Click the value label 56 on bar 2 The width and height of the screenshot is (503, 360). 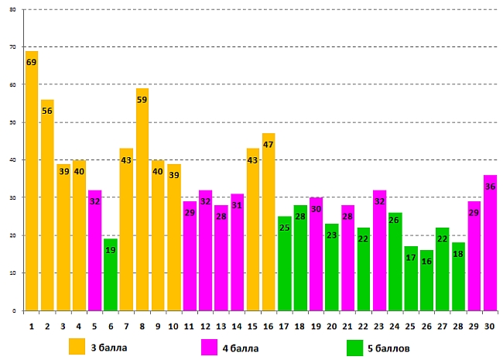pyautogui.click(x=47, y=111)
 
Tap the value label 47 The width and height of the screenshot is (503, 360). pyautogui.click(x=269, y=144)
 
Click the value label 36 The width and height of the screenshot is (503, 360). pyautogui.click(x=490, y=186)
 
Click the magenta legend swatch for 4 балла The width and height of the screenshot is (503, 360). pyautogui.click(x=209, y=346)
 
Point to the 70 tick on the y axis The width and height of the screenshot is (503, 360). pyautogui.click(x=12, y=47)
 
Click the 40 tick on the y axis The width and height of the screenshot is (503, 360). pyautogui.click(x=12, y=160)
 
